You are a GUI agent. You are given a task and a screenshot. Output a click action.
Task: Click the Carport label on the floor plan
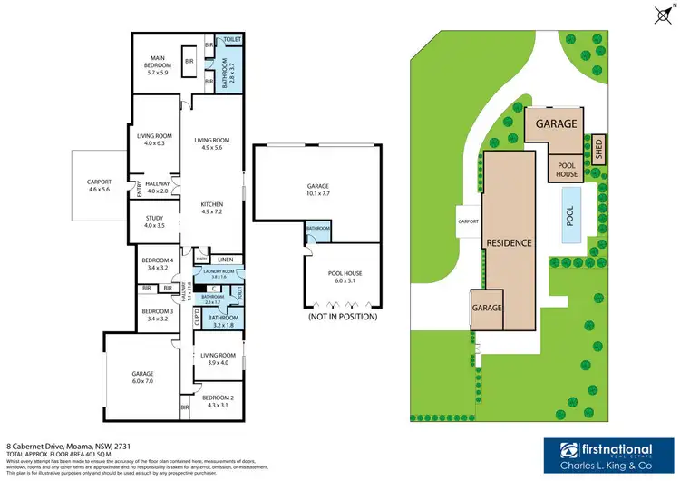coord(97,180)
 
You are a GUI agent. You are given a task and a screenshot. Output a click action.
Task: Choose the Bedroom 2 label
coord(218,398)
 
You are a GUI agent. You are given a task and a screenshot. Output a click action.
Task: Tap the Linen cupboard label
coord(225,260)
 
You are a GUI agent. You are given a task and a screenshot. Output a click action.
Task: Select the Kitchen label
coord(211,205)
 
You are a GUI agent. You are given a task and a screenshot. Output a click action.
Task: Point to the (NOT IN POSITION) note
coord(342,318)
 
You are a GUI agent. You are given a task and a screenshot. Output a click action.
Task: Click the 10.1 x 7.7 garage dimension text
coord(316,192)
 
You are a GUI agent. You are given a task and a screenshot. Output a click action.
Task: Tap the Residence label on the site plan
coord(508,242)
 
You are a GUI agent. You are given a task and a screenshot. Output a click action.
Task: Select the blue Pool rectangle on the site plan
coord(569,216)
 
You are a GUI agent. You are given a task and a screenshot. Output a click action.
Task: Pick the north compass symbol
coord(660,13)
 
